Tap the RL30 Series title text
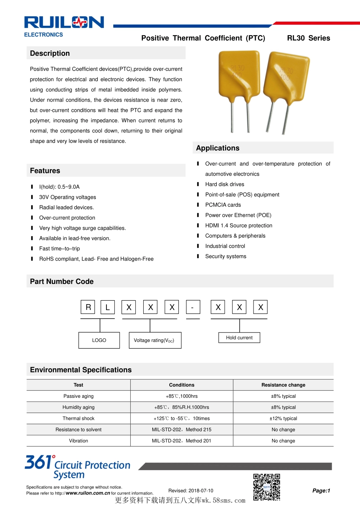308,38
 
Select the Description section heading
50,53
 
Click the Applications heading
218,148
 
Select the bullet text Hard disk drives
225,184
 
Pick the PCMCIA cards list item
223,205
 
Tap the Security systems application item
225,256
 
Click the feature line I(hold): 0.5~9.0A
59,187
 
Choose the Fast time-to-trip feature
59,249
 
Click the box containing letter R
88,307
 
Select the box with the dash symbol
193,307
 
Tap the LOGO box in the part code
99,340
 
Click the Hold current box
239,337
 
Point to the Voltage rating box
155,340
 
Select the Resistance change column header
283,385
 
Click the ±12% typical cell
283,419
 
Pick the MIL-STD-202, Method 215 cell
182,430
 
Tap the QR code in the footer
267,487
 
